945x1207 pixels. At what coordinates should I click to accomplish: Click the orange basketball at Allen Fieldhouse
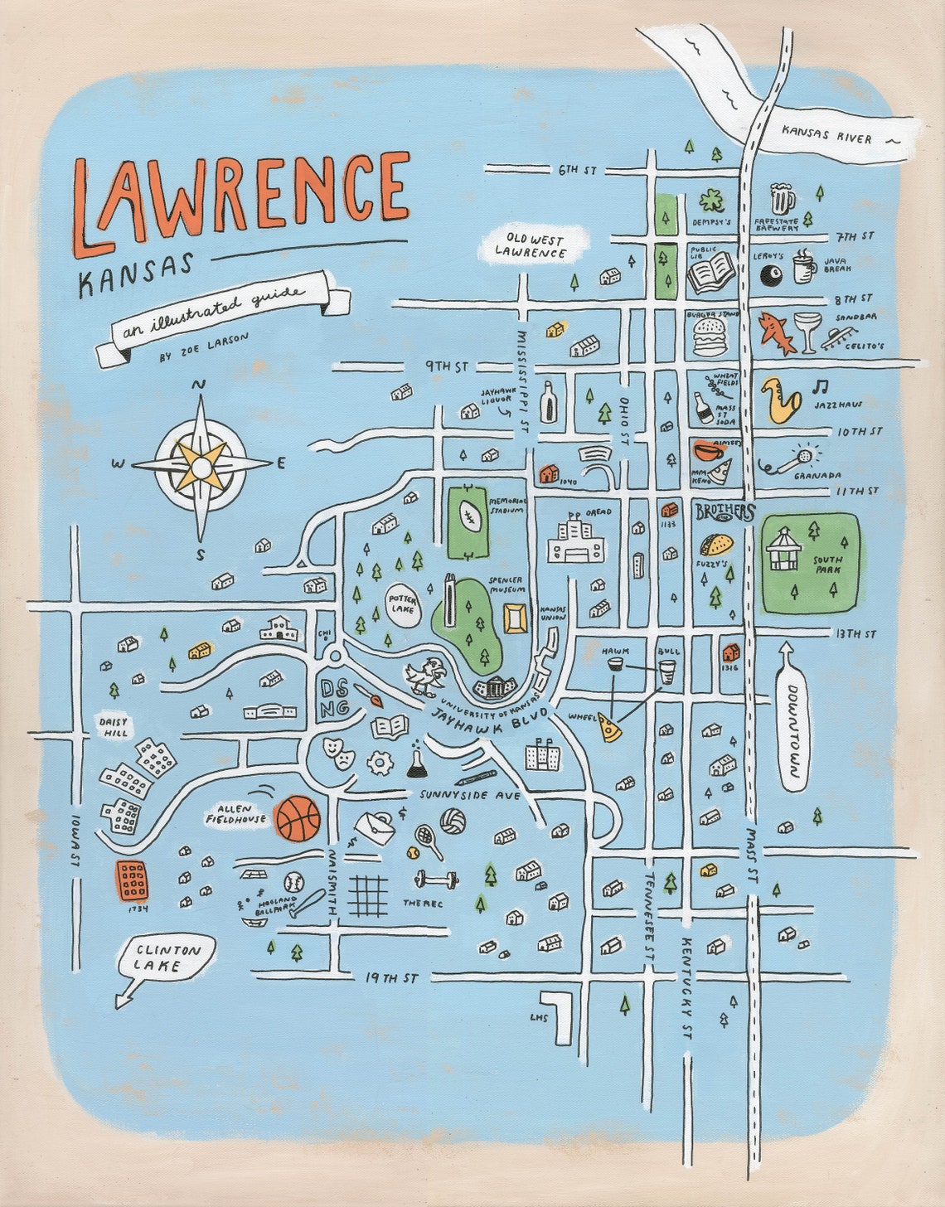point(298,818)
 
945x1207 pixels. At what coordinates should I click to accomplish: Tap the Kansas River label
point(826,136)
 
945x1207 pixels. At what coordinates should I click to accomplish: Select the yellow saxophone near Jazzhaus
point(780,400)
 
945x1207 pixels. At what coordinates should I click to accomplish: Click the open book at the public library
point(711,273)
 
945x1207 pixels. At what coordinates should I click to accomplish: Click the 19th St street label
point(391,978)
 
